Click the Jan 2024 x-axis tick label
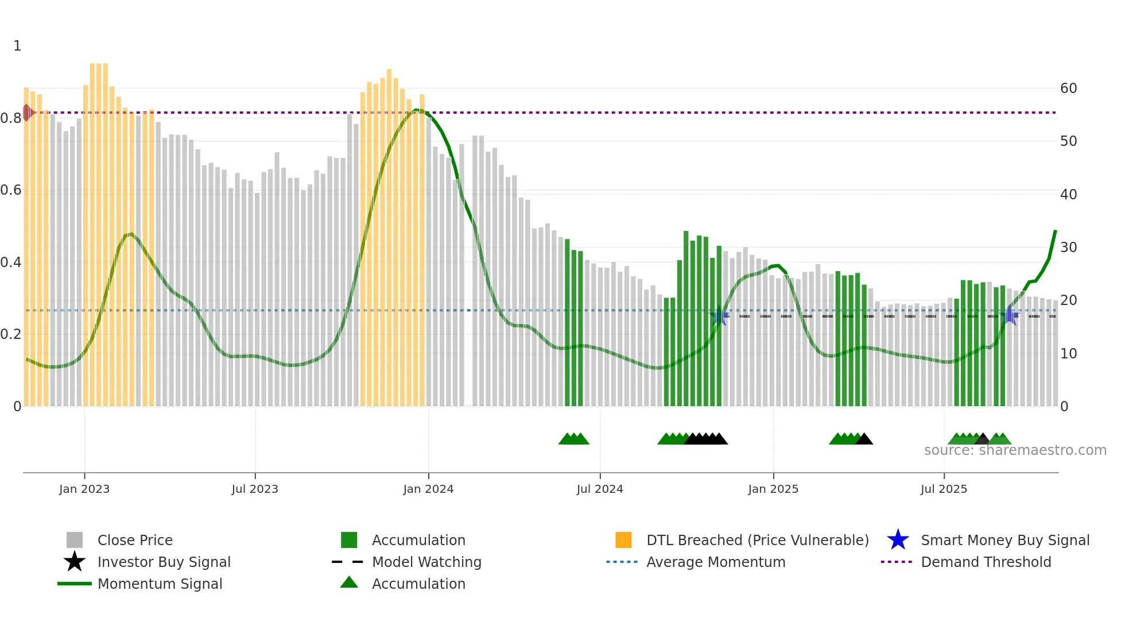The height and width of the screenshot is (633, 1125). (x=428, y=489)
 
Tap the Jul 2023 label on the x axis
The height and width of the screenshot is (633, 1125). (x=255, y=489)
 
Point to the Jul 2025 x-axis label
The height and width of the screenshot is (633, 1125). (x=944, y=489)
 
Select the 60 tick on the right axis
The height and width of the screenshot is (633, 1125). (x=1068, y=88)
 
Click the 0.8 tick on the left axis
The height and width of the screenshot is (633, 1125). (x=11, y=118)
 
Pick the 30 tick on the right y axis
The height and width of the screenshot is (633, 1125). (x=1068, y=248)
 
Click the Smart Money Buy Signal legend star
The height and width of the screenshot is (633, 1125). (x=898, y=540)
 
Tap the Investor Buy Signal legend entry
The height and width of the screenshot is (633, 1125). (x=164, y=562)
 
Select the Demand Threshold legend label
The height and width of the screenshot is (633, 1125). (x=986, y=562)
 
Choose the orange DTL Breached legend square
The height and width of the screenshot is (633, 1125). (x=623, y=540)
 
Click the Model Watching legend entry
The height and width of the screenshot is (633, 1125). (x=426, y=562)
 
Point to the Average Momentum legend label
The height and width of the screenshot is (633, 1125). (x=715, y=562)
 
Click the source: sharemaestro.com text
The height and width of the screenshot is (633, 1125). (x=1015, y=450)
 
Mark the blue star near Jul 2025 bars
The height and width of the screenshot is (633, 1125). (x=1010, y=315)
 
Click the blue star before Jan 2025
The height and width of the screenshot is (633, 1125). (x=719, y=315)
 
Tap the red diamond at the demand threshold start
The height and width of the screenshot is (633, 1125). (x=27, y=113)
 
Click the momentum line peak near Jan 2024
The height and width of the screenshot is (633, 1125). (x=417, y=110)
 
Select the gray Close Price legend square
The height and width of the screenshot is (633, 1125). (x=75, y=540)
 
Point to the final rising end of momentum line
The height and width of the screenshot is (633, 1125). (x=1055, y=231)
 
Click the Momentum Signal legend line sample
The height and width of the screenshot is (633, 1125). (x=75, y=584)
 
